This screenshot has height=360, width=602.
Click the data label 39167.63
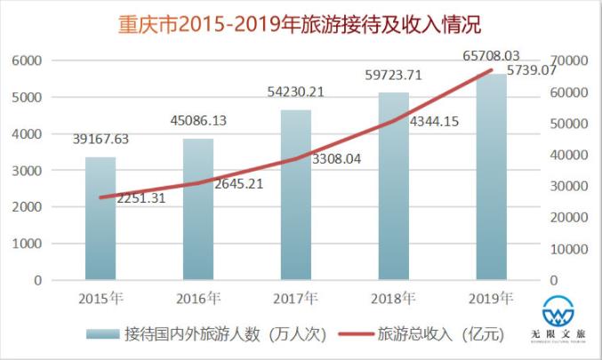(x=100, y=139)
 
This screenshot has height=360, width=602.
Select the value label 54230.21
(x=296, y=91)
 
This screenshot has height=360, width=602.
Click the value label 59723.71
(x=394, y=74)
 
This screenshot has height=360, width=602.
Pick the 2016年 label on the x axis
(x=199, y=297)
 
